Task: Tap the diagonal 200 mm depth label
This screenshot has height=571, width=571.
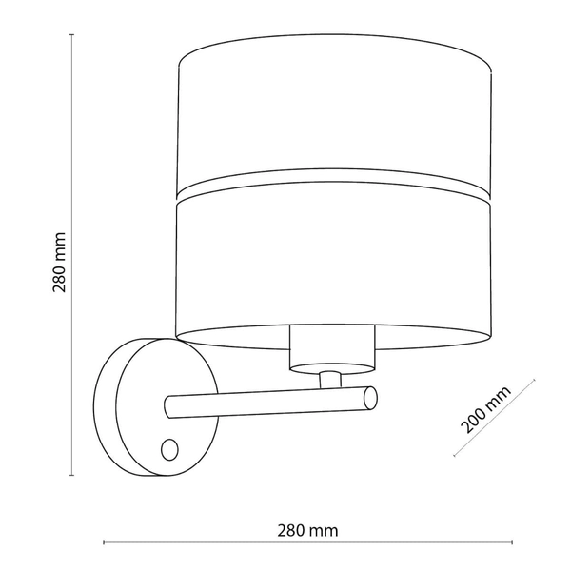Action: pyautogui.click(x=484, y=410)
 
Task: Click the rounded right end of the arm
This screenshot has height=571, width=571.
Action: pyautogui.click(x=368, y=398)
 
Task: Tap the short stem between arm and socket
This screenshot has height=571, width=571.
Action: pyautogui.click(x=329, y=378)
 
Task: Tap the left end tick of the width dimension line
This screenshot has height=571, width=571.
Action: pyautogui.click(x=103, y=544)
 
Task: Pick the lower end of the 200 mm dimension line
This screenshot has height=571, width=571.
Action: pyautogui.click(x=454, y=456)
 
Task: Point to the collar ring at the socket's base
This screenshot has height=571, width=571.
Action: pyautogui.click(x=329, y=364)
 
